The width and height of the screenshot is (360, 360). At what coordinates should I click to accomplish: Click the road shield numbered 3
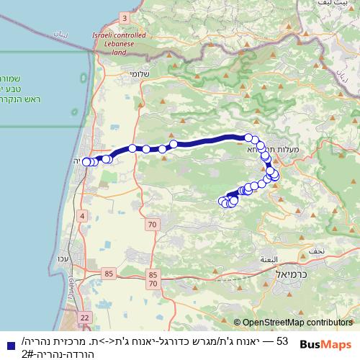click(125, 17)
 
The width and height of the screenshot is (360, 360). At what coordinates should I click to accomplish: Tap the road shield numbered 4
click(83, 216)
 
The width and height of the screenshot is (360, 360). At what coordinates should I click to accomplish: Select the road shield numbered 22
click(85, 317)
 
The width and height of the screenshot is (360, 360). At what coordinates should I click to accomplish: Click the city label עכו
click(84, 259)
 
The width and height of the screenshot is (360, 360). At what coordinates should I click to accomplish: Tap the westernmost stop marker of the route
click(86, 162)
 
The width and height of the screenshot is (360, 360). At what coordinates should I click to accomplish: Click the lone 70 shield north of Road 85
click(151, 225)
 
